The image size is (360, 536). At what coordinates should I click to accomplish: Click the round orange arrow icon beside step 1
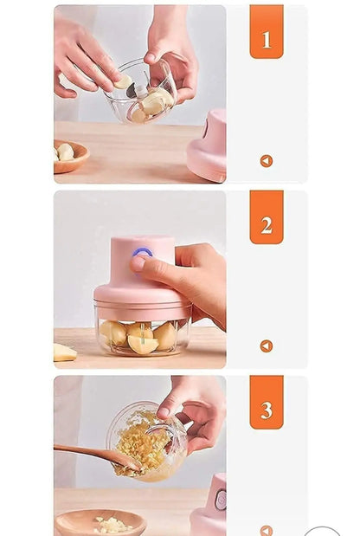point(267,161)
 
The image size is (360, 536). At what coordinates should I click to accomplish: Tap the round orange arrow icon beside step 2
point(267,345)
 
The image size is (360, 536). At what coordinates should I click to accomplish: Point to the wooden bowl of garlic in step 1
point(70,155)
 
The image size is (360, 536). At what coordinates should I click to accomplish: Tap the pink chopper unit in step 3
point(210,507)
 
